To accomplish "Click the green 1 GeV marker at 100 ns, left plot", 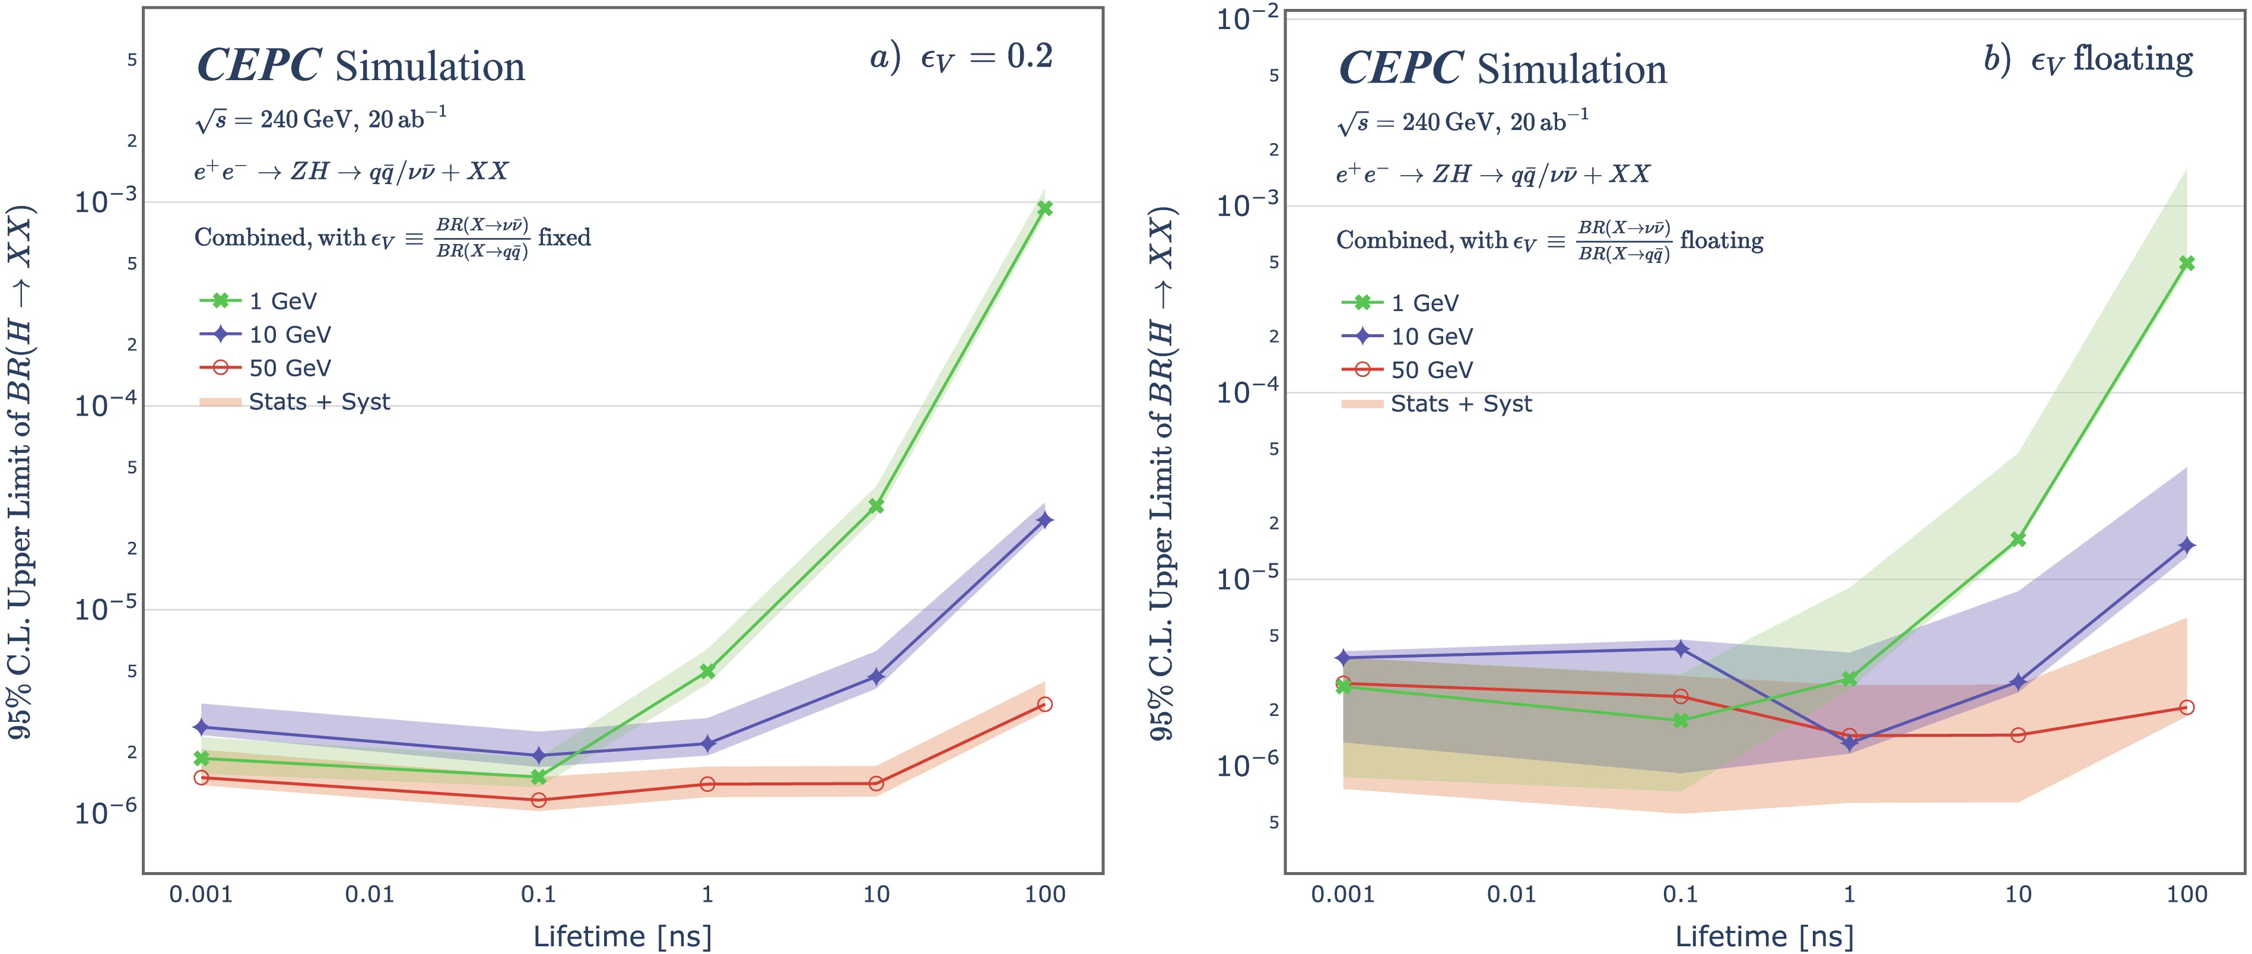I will (1044, 208).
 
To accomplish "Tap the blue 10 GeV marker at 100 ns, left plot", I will (1044, 520).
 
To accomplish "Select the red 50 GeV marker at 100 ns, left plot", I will (1044, 704).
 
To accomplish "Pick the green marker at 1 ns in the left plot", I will (707, 671).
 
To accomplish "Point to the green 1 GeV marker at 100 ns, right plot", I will (2187, 263).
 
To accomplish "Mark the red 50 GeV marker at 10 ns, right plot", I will (2018, 734).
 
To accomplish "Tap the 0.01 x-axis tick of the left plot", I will (370, 893).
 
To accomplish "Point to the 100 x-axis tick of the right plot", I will (2187, 893).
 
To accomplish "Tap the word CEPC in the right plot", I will (1400, 69).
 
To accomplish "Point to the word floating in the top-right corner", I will (2133, 59).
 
